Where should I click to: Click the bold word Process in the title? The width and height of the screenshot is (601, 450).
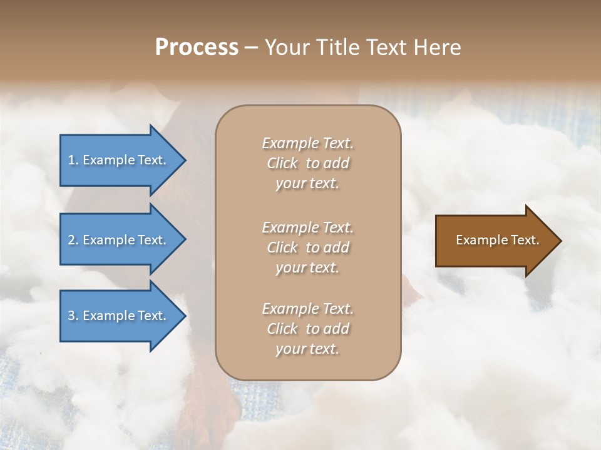pyautogui.click(x=197, y=47)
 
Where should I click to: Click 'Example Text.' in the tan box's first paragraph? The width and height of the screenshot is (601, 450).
pyautogui.click(x=307, y=143)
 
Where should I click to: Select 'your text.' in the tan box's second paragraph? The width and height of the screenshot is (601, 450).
pyautogui.click(x=307, y=267)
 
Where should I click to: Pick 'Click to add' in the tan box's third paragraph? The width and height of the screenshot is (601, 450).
pyautogui.click(x=307, y=329)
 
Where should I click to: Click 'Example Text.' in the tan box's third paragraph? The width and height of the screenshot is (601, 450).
pyautogui.click(x=307, y=309)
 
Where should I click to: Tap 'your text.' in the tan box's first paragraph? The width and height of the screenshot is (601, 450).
pyautogui.click(x=307, y=184)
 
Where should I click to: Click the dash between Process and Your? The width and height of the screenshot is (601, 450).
pyautogui.click(x=251, y=47)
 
